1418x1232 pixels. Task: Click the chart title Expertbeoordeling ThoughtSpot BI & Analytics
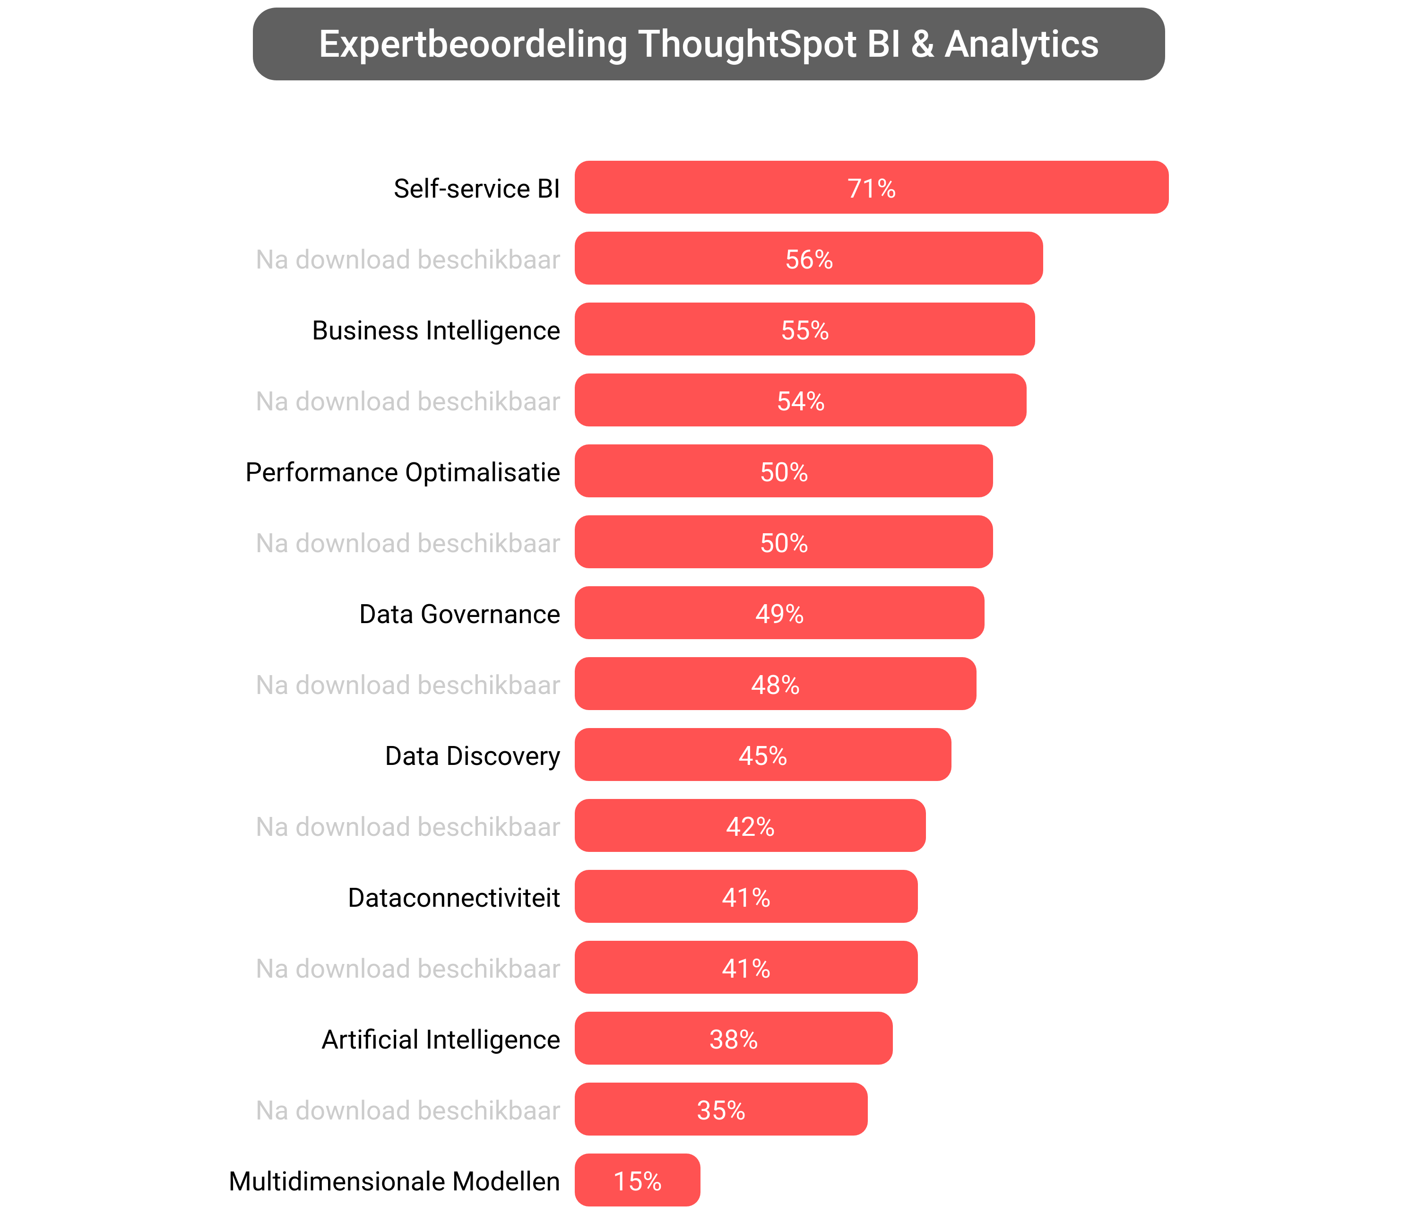pos(708,44)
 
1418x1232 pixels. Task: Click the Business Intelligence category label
pos(436,330)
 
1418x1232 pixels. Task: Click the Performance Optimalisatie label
pos(403,472)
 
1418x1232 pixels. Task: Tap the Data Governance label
pos(459,614)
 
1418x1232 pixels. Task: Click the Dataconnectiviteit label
pos(454,897)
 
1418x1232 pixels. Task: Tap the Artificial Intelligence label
pos(441,1040)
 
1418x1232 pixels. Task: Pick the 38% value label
pos(734,1040)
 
